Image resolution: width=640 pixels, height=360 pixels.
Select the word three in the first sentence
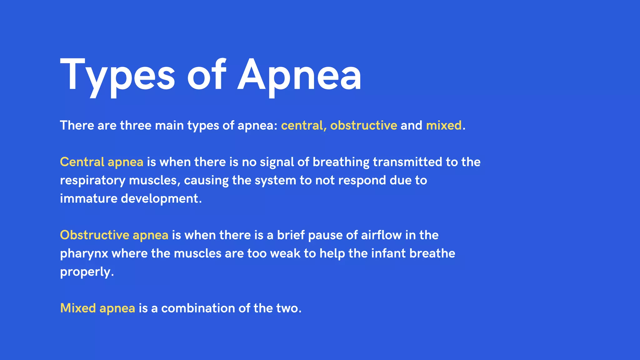click(136, 126)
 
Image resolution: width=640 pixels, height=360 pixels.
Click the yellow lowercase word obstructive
click(364, 126)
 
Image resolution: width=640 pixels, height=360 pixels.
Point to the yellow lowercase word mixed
click(444, 126)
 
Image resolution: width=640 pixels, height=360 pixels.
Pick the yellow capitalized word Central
click(82, 162)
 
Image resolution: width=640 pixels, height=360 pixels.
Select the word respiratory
click(93, 181)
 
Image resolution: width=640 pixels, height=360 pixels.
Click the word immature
click(88, 199)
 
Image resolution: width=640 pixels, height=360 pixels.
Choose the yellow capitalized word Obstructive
click(95, 235)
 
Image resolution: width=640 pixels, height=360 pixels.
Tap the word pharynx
click(84, 254)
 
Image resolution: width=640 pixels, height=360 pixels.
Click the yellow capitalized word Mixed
click(78, 308)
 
